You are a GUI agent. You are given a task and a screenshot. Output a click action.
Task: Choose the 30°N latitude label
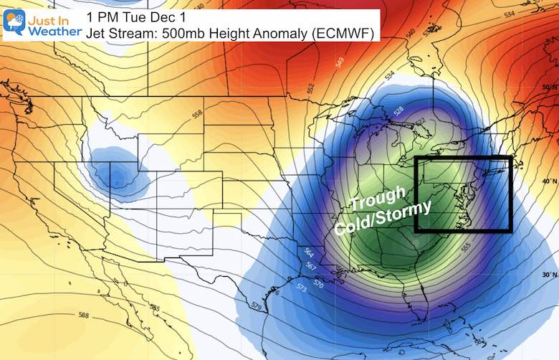(549, 274)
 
